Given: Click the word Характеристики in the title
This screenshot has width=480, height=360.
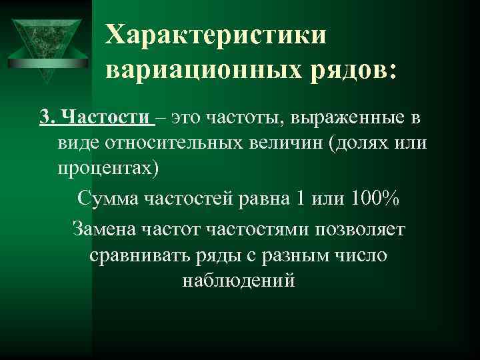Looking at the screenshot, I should pos(217,34).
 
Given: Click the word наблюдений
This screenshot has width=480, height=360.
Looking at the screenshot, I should pos(238,280).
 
